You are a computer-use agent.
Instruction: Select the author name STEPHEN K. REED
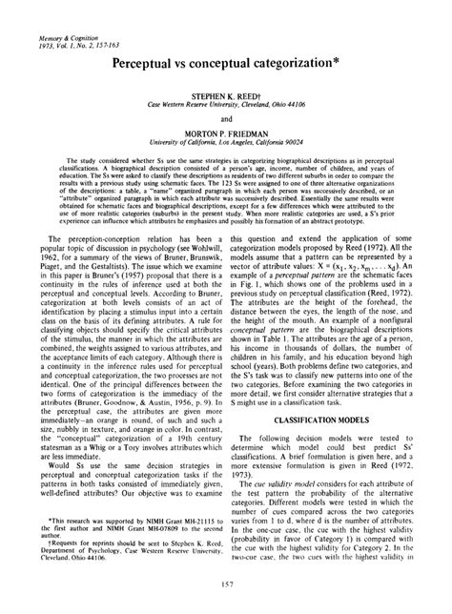(226, 96)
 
